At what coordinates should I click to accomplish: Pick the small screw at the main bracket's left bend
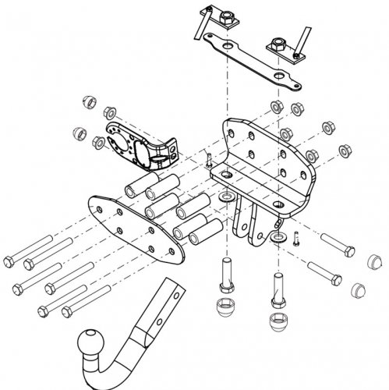[209, 159]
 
